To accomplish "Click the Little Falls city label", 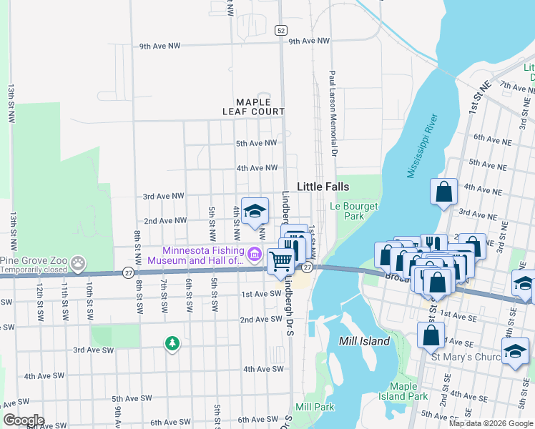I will click(323, 186).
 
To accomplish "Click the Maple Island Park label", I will click(403, 391).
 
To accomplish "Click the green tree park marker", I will click(172, 344).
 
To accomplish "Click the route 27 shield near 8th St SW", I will click(128, 272).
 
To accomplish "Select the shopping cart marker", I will click(281, 261).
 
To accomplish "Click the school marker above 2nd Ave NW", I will click(255, 211).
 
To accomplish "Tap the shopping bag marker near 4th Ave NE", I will click(443, 192).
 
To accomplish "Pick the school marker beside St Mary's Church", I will click(515, 352).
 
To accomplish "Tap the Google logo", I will click(23, 420).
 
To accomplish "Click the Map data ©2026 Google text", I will click(491, 423).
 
